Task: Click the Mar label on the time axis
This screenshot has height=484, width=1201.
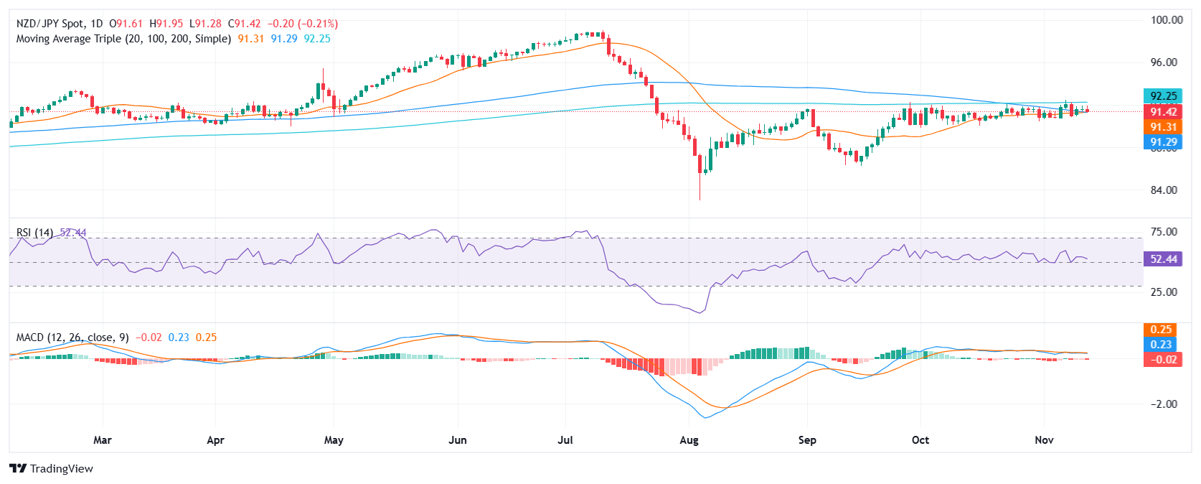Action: point(103,440)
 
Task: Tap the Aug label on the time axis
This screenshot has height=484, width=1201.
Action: point(689,440)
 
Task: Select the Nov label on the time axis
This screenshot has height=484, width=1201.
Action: point(1044,440)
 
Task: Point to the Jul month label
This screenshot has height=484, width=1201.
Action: point(565,440)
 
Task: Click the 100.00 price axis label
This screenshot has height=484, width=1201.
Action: point(1167,20)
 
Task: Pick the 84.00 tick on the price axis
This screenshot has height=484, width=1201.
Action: point(1164,190)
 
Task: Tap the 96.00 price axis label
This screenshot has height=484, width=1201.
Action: point(1164,62)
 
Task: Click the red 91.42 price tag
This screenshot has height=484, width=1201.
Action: point(1163,112)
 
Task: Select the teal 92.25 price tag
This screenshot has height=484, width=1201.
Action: point(1163,96)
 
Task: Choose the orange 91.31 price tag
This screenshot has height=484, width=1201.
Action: point(1163,127)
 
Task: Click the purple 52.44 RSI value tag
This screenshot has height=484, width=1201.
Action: point(1163,259)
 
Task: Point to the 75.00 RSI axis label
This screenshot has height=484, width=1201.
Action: point(1164,232)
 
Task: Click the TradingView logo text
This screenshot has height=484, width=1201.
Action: point(61,469)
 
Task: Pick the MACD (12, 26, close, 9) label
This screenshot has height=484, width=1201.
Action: point(72,338)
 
